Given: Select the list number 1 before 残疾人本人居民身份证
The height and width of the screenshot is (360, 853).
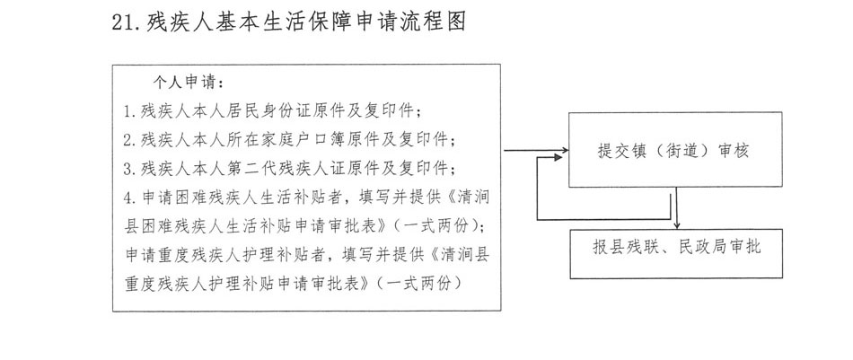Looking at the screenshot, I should click(x=129, y=112).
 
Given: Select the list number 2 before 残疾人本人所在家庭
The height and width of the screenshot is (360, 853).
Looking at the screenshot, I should click(x=129, y=140).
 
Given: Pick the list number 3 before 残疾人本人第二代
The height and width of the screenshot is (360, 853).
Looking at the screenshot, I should click(x=129, y=169).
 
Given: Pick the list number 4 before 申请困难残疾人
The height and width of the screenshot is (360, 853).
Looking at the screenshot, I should click(x=129, y=197).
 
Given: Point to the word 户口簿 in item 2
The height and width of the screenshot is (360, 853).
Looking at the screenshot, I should click(x=355, y=140).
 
